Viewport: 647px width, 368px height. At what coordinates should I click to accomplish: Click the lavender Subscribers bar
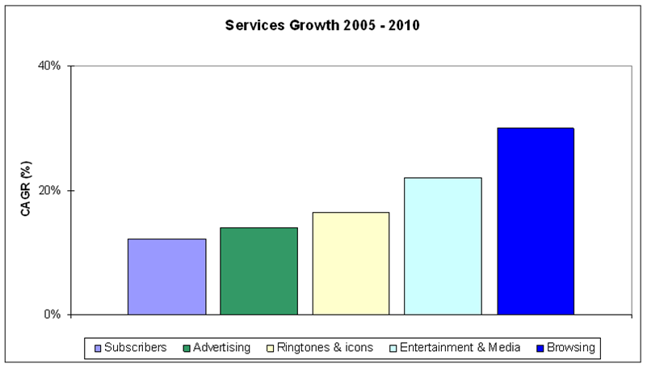click(166, 277)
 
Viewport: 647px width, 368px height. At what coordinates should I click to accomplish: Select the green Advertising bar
click(258, 271)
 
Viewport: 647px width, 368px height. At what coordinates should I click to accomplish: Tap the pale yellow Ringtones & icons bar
click(351, 264)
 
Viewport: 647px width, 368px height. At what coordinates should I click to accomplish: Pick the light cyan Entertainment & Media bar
click(443, 246)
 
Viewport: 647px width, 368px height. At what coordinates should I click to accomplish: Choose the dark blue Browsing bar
click(536, 221)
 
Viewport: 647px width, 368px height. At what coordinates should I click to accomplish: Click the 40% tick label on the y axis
click(49, 66)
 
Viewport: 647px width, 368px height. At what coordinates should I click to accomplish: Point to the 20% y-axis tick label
click(49, 191)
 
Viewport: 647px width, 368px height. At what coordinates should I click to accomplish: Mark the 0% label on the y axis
click(53, 315)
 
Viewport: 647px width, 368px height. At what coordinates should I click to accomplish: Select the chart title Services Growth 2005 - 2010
click(323, 26)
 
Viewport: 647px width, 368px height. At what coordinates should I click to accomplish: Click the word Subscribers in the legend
click(135, 348)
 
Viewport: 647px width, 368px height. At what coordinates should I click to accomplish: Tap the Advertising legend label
click(221, 348)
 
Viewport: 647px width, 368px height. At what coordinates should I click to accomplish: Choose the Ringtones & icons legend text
click(325, 348)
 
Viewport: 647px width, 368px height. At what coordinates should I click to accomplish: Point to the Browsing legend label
click(570, 348)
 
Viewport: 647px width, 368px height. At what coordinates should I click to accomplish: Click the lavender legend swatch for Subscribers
click(99, 349)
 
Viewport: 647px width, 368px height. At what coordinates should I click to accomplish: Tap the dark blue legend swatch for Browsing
click(539, 349)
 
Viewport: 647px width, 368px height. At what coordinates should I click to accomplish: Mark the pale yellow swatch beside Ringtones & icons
click(270, 349)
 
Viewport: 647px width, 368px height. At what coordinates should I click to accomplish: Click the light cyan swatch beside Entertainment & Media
click(393, 349)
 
